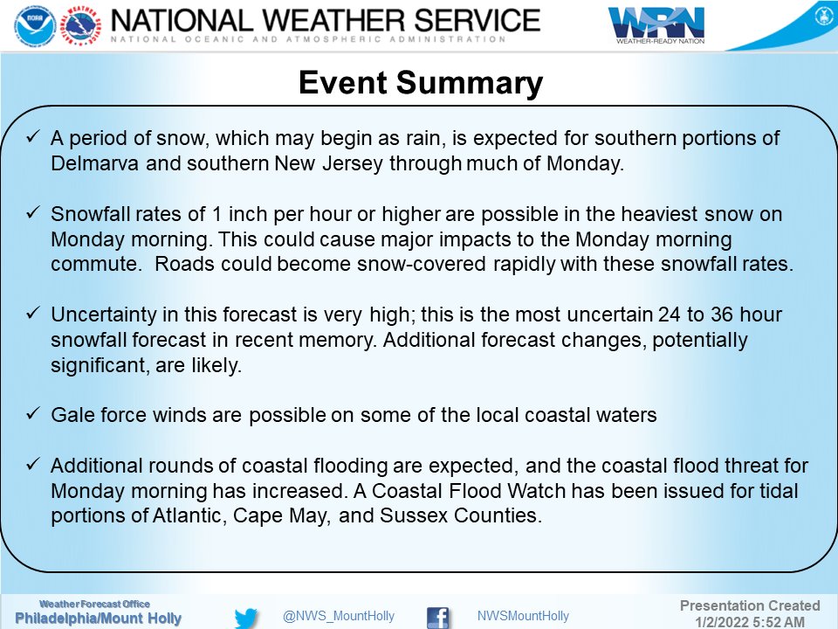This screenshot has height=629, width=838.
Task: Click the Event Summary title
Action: point(420,83)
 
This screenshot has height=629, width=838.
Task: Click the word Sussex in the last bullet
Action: point(411,515)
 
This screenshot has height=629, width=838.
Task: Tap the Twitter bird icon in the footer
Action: point(247,617)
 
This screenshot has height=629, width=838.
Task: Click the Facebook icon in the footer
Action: point(437,617)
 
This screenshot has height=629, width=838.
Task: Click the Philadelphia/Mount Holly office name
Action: point(98,619)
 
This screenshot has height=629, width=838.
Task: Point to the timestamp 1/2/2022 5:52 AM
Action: point(750,621)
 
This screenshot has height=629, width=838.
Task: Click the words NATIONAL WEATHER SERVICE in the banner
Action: point(325,19)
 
